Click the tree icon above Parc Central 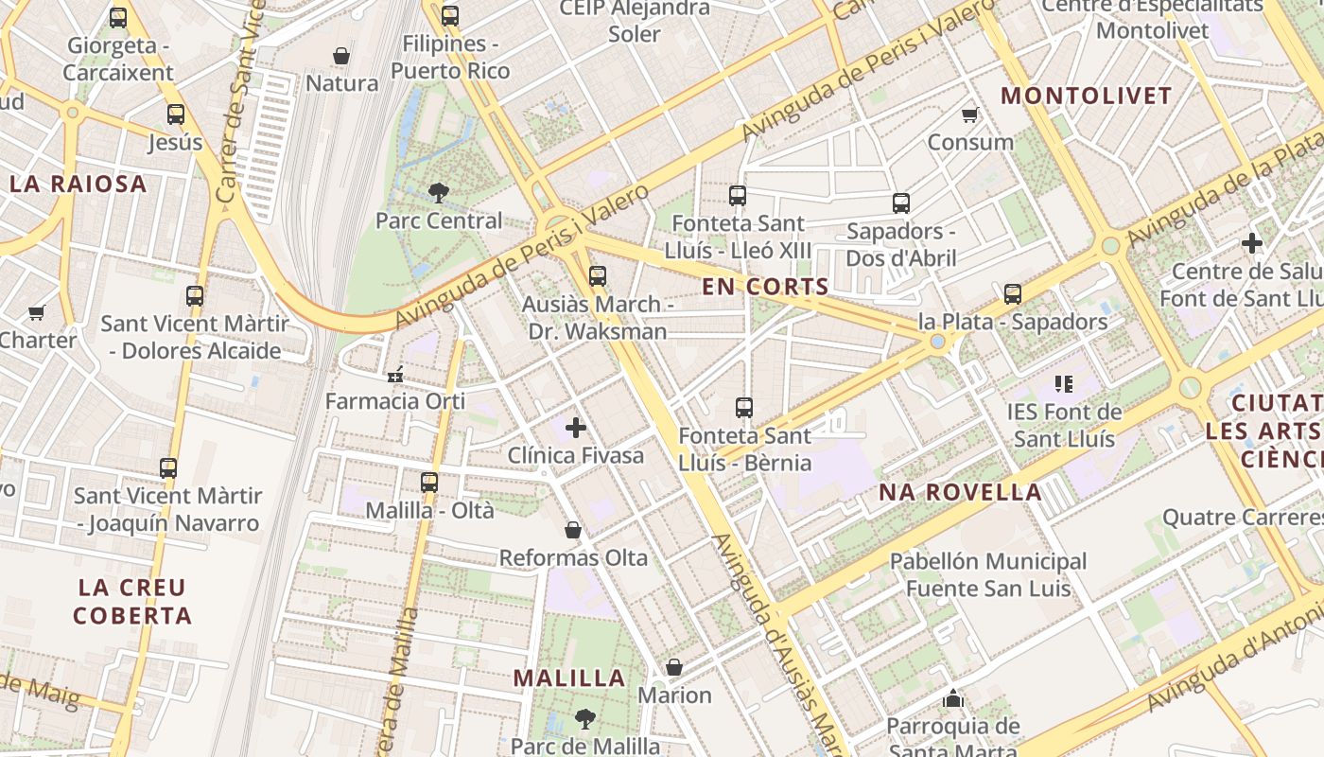click(x=438, y=193)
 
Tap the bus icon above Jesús click(x=176, y=114)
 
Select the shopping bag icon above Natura click(x=341, y=56)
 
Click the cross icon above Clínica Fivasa click(x=575, y=428)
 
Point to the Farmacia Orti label click(x=395, y=400)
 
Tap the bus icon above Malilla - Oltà click(x=429, y=482)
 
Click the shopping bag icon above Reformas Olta click(x=573, y=530)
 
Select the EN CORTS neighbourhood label click(x=766, y=287)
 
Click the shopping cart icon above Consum click(x=969, y=115)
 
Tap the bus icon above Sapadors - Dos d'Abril click(x=901, y=202)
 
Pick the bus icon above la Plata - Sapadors click(x=1013, y=293)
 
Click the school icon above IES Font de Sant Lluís click(x=1064, y=384)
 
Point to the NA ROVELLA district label click(x=960, y=492)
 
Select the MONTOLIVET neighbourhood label click(x=1087, y=96)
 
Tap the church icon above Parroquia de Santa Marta click(x=953, y=698)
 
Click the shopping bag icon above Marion click(x=674, y=667)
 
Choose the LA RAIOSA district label click(x=78, y=185)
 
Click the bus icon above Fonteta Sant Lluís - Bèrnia click(x=744, y=408)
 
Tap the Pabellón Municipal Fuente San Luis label click(x=988, y=574)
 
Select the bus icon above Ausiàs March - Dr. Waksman click(x=597, y=276)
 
